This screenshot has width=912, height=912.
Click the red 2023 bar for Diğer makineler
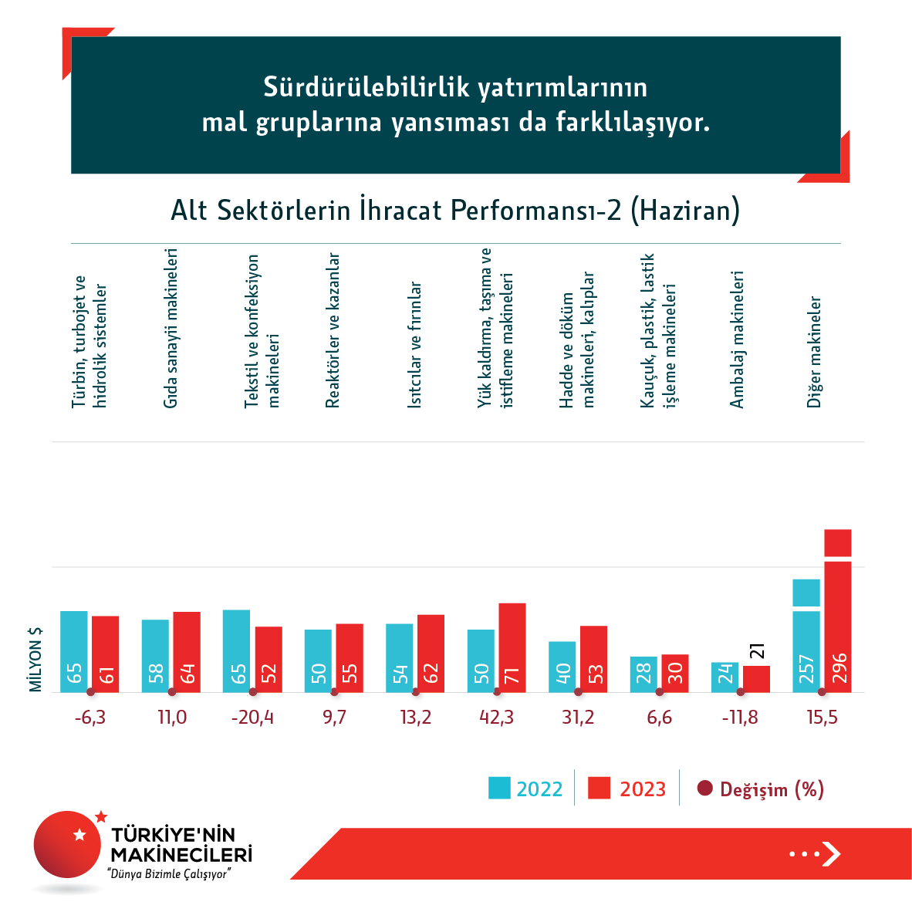(837, 617)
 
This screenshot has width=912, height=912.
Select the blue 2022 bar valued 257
(806, 640)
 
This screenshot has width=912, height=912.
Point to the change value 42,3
(496, 718)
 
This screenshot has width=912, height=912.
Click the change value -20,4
(252, 718)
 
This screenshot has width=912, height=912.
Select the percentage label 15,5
(822, 718)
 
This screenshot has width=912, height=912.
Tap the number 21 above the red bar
(756, 650)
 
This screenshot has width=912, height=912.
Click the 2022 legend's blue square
(499, 789)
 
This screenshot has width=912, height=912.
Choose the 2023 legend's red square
(599, 789)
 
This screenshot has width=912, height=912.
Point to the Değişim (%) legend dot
(704, 789)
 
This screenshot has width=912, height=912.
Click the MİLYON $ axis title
(36, 659)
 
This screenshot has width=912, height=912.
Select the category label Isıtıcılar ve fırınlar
(415, 344)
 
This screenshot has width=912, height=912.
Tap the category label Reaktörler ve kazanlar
(333, 329)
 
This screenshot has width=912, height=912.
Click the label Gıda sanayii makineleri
(171, 328)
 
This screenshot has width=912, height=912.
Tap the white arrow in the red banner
(830, 853)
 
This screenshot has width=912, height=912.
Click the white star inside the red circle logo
(79, 835)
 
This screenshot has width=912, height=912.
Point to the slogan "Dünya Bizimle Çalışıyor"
(171, 874)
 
